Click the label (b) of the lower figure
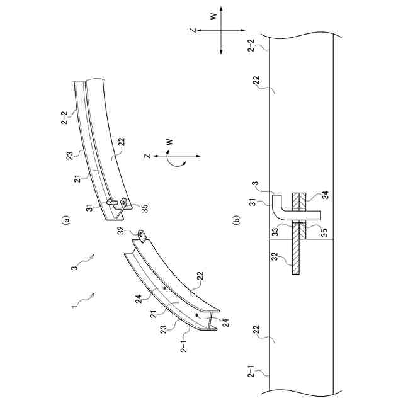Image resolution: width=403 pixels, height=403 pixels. pyautogui.click(x=236, y=220)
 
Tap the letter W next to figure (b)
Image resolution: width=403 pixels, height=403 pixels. pyautogui.click(x=213, y=17)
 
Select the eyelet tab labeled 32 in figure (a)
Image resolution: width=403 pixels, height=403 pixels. pyautogui.click(x=144, y=236)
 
